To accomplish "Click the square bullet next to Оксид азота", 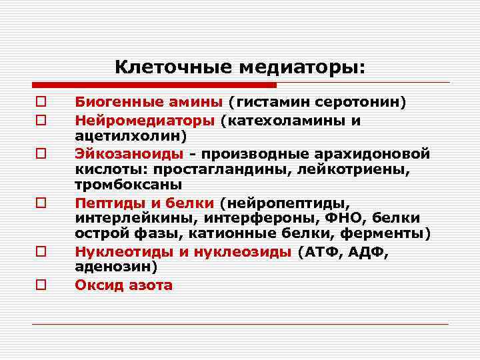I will (41, 285).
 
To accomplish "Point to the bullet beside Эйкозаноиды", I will (41, 153).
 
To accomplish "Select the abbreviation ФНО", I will (347, 217).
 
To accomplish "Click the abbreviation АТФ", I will (324, 252).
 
